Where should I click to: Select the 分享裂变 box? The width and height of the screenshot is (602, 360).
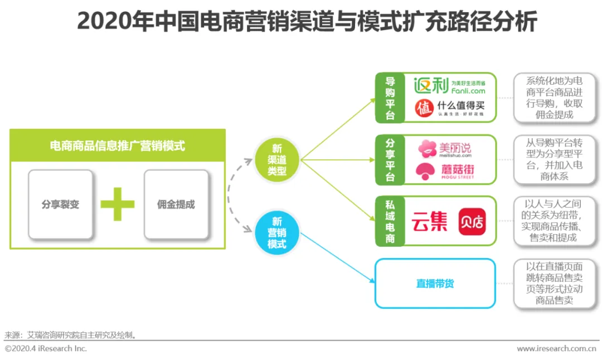61,205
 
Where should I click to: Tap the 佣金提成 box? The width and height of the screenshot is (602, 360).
176,205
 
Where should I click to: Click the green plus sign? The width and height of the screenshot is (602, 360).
118,205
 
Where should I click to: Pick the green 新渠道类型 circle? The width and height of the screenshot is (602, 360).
277,160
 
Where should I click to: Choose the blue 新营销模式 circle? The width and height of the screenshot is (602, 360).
277,232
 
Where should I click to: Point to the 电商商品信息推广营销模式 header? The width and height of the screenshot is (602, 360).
118,146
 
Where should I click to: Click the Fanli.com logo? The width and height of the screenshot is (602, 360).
449,86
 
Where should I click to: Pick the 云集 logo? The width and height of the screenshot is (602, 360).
430,222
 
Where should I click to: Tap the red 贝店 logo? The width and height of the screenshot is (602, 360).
471,222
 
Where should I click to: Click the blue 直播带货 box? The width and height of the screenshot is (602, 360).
435,284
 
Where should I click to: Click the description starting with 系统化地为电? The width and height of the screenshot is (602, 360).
555,98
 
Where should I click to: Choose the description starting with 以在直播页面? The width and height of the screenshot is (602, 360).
555,284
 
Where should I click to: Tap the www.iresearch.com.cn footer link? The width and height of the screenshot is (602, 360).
556,349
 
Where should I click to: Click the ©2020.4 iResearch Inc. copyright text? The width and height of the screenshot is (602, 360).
46,349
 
